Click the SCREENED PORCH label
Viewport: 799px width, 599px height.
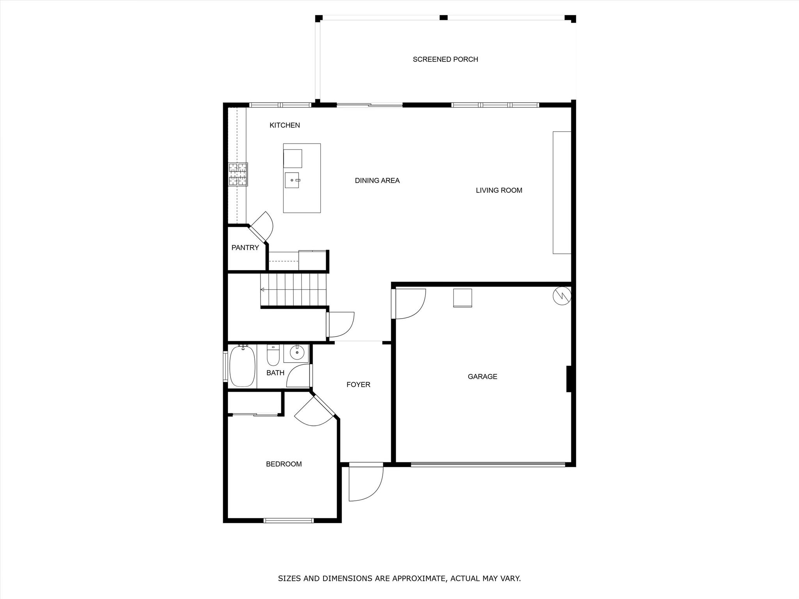click(445, 59)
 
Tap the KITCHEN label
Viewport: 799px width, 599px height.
click(285, 125)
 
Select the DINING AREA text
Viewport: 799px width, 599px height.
click(377, 181)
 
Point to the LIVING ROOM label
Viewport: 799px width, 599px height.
click(499, 190)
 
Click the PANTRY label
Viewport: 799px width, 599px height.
click(245, 248)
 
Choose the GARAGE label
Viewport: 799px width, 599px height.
click(482, 376)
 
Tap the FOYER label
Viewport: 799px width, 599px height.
click(358, 385)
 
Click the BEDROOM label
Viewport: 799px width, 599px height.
click(284, 464)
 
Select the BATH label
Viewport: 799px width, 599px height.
click(275, 373)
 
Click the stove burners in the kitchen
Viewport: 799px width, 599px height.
click(238, 174)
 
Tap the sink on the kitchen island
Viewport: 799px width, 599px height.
click(292, 180)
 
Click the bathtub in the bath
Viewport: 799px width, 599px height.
click(242, 366)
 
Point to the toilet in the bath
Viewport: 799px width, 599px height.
click(273, 355)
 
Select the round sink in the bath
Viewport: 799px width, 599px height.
click(297, 353)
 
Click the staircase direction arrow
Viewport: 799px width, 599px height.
click(263, 289)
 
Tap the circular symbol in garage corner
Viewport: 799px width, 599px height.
click(562, 296)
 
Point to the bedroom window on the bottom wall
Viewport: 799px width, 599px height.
click(289, 520)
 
